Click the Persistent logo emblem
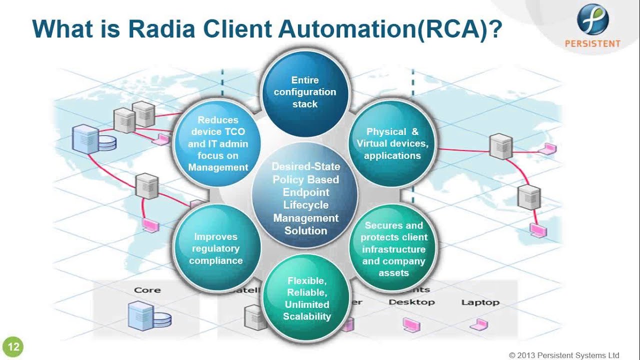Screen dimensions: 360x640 click(592, 19)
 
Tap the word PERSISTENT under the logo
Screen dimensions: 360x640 click(592, 43)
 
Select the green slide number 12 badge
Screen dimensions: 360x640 click(13, 347)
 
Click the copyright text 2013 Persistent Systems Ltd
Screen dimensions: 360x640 click(564, 355)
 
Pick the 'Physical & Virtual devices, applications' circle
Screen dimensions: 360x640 click(392, 143)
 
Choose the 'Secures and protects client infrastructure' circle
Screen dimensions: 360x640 click(393, 248)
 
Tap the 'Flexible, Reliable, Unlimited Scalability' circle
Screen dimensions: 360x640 click(306, 298)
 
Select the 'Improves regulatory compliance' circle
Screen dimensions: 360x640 click(216, 248)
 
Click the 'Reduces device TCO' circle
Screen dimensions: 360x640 click(218, 143)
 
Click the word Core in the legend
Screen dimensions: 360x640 click(147, 290)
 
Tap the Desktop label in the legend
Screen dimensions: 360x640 click(411, 302)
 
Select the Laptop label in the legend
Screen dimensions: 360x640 click(480, 302)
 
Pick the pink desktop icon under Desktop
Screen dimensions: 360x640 click(411, 325)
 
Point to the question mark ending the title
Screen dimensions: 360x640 click(494, 29)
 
